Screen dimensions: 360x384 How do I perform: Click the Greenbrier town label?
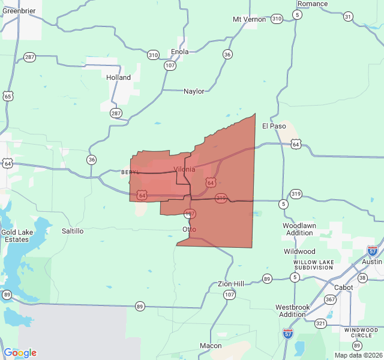point(19,10)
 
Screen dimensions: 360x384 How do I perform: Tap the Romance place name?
point(313,4)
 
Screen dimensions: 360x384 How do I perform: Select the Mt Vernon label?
point(248,19)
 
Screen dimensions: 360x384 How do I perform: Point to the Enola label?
point(179,52)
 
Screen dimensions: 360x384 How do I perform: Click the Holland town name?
point(118,77)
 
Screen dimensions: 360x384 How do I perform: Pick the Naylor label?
point(194,91)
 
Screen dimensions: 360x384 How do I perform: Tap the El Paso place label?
point(274,126)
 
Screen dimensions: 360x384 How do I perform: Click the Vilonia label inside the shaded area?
point(184,169)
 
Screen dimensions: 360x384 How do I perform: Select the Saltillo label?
point(73,230)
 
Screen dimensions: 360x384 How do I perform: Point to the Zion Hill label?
point(230,283)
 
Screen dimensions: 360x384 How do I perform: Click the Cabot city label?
point(344,287)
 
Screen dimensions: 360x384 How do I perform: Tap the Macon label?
point(211,346)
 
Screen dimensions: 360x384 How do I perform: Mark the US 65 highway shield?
point(7,96)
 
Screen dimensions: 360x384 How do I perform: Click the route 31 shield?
point(348,16)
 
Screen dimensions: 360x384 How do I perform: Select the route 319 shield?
point(296,194)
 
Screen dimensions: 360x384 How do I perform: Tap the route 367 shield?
point(330,299)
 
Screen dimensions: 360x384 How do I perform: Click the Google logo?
point(20,353)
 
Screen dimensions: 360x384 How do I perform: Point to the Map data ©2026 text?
point(357,355)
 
